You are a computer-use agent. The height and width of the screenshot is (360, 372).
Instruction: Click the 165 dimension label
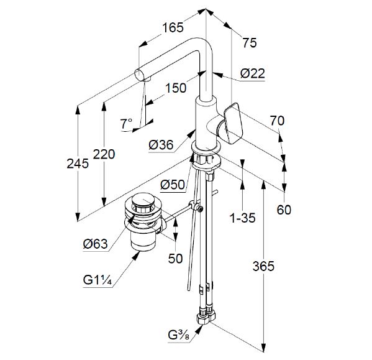point(173,27)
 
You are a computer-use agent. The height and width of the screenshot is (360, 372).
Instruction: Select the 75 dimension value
point(249,43)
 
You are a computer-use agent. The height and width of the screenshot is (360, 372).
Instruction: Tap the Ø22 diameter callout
point(252,73)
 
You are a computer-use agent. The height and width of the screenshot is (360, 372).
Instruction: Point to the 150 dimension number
point(176,88)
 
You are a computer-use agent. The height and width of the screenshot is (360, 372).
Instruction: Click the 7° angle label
point(126,124)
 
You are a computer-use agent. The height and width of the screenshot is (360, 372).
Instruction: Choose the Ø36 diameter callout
point(161,145)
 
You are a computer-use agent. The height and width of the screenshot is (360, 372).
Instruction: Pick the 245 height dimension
point(78,164)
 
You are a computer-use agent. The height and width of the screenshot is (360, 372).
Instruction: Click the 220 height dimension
point(104,154)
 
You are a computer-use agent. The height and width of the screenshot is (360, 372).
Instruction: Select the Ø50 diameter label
point(173,184)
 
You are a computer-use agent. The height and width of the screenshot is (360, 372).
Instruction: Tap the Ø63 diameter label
point(96,244)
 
